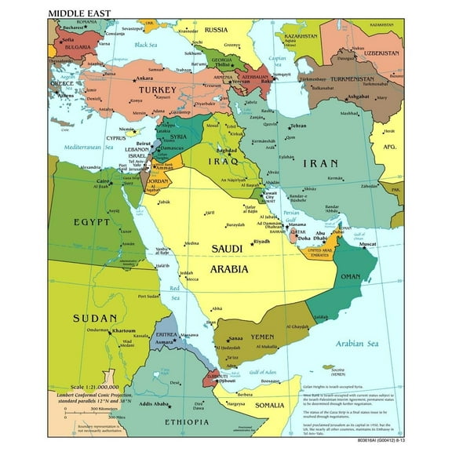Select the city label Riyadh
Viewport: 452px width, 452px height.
261,242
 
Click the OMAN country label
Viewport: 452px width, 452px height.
349,276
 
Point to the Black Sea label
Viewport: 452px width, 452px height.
146,45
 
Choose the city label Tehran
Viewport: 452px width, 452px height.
298,126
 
